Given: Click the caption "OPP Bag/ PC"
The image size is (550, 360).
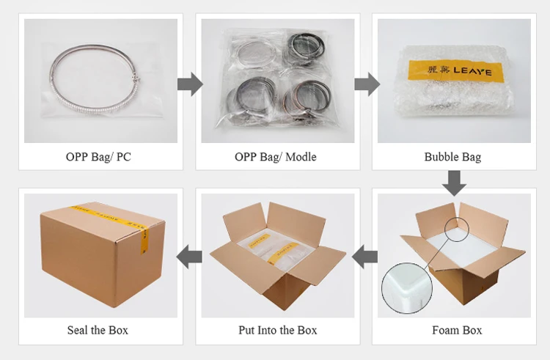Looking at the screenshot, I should tap(98, 157).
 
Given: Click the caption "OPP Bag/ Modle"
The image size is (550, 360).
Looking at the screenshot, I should tap(276, 157).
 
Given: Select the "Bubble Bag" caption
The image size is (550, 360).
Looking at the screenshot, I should tap(452, 157).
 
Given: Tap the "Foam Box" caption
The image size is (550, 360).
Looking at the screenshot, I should tap(456, 330).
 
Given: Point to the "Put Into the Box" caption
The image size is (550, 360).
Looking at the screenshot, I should tap(278, 330).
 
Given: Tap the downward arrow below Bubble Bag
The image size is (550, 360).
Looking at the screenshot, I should tap(455, 183).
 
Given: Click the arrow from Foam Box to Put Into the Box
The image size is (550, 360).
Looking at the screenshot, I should tap(365, 256).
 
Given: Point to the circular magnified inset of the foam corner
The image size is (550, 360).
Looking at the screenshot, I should tap(408, 284).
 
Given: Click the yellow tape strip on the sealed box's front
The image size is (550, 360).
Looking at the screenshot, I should tap(144, 236).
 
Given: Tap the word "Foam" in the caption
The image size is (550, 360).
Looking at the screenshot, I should tap(444, 330).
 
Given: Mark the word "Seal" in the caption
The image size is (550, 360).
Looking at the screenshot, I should tap(78, 330).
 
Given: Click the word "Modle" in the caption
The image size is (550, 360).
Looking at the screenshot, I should tap(301, 157).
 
